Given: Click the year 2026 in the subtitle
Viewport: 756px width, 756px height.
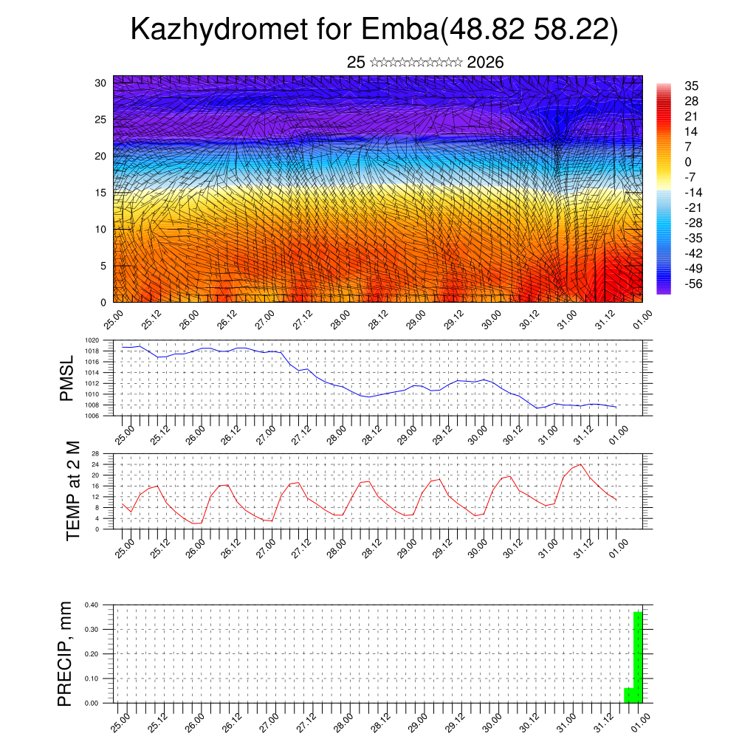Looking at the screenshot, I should [x=485, y=63].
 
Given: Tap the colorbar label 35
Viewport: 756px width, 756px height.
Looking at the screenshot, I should [x=692, y=86].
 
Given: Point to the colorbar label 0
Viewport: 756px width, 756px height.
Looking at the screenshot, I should [x=688, y=162].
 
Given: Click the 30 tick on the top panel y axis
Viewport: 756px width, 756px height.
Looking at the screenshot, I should [x=100, y=83].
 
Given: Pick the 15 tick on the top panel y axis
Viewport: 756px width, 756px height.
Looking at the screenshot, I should [x=100, y=193].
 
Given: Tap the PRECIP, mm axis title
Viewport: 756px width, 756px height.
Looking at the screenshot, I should [x=67, y=653].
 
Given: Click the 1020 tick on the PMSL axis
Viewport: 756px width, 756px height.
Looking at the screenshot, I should [x=92, y=340].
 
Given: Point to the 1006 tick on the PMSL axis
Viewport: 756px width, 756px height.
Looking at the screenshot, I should [x=92, y=416].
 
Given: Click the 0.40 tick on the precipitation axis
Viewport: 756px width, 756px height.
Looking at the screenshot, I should [x=92, y=605].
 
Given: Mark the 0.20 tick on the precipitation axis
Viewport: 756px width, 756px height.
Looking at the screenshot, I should [x=92, y=654].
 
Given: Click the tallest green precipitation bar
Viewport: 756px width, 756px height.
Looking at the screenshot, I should [x=637, y=657].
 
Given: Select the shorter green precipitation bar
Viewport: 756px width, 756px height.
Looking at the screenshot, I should [x=628, y=695].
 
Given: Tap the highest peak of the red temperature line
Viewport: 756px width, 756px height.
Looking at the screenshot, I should [x=580, y=464].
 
